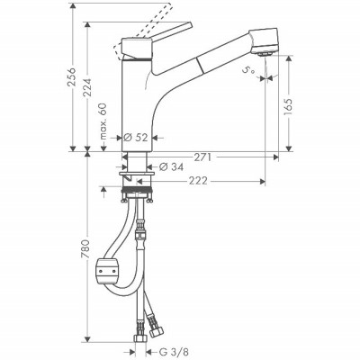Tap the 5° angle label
(x=247, y=67)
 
